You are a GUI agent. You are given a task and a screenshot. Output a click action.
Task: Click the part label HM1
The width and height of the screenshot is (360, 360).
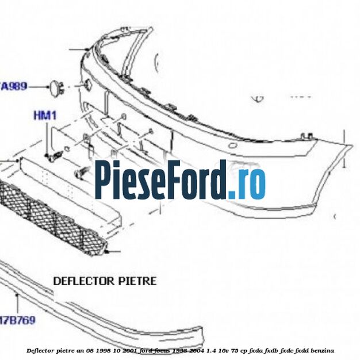pyautogui.click(x=45, y=116)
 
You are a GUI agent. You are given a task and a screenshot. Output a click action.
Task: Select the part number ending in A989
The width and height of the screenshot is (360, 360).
pyautogui.click(x=14, y=86)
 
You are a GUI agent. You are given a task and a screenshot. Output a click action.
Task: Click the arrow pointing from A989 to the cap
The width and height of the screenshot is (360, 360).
pyautogui.click(x=37, y=86)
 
